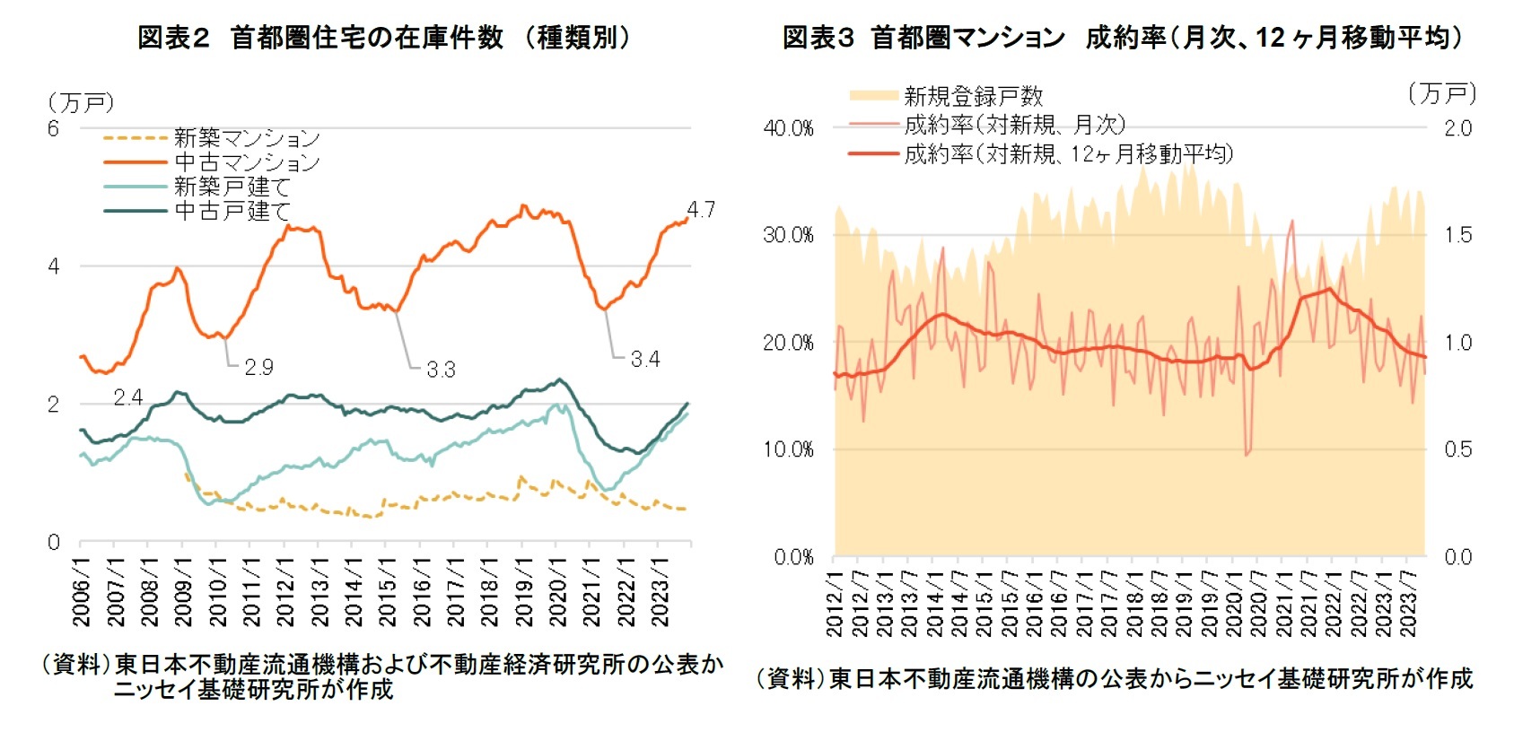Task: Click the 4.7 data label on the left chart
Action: [700, 210]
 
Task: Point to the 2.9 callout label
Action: [258, 367]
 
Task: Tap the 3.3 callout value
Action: [441, 370]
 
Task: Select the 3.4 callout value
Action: [645, 360]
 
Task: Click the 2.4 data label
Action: [128, 397]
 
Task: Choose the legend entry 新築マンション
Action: [247, 138]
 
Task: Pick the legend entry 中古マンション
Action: [247, 162]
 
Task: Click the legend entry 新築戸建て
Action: [232, 187]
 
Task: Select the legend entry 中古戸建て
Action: [232, 211]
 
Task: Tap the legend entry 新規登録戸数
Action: [973, 96]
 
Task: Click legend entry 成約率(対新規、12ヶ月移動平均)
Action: [1068, 154]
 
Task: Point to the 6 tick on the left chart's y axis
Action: [54, 128]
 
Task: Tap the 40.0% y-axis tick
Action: [788, 128]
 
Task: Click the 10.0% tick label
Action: [788, 449]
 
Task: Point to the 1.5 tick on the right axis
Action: [1457, 235]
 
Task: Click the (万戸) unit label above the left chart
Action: [81, 103]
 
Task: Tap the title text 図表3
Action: [818, 38]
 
